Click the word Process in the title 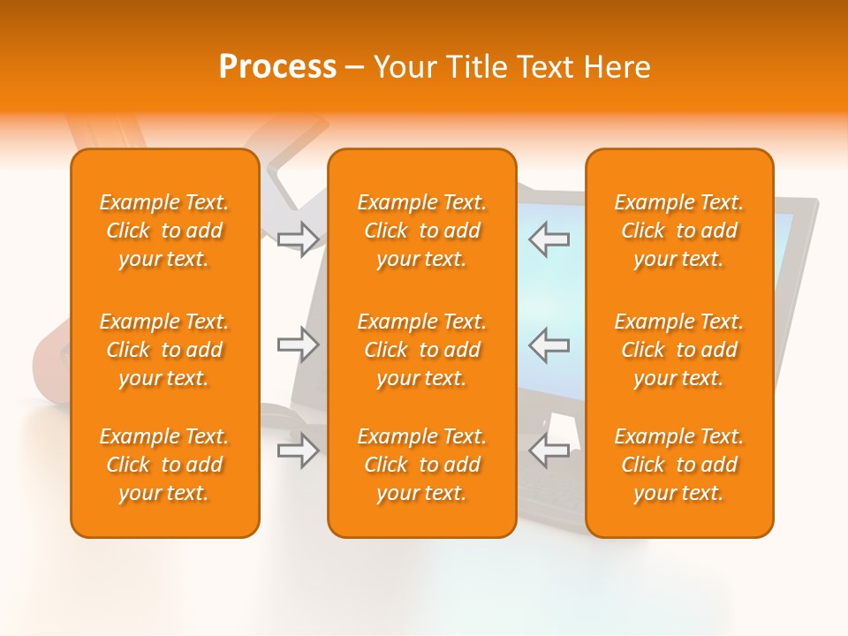tap(277, 67)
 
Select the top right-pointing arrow tap(299, 238)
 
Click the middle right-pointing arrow tap(299, 344)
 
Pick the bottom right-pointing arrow tap(299, 450)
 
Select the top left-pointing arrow tap(549, 238)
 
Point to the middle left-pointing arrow tap(549, 344)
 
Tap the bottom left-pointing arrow tap(549, 450)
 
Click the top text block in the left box tap(164, 231)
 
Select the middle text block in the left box tap(164, 350)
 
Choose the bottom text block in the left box tap(164, 465)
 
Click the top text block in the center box tap(422, 231)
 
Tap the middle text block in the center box tap(422, 350)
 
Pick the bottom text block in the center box tap(422, 465)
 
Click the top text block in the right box tap(679, 231)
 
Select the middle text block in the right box tap(679, 350)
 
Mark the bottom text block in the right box tap(679, 465)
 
